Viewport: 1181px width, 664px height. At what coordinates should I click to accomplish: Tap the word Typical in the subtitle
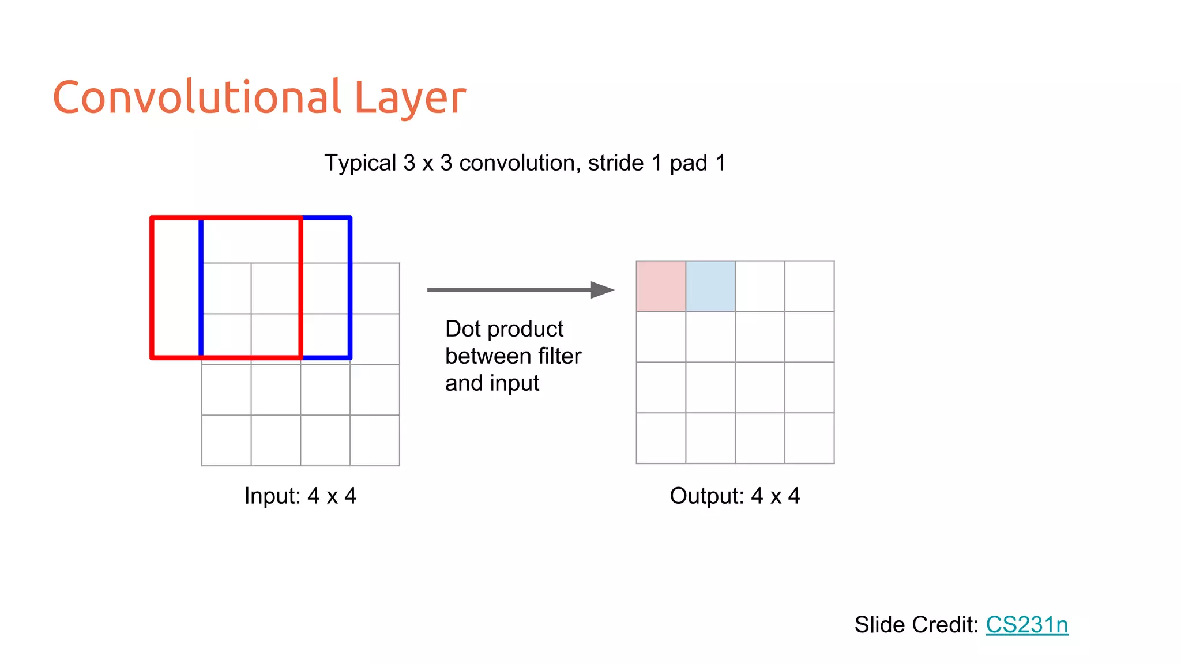click(x=360, y=163)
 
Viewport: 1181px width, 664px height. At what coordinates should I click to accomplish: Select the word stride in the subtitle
click(x=616, y=163)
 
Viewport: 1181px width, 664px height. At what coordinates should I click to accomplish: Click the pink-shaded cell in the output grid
click(x=661, y=286)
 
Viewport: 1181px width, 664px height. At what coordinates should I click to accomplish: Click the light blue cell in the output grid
click(x=710, y=286)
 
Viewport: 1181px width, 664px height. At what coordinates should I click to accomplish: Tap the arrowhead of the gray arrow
click(x=603, y=290)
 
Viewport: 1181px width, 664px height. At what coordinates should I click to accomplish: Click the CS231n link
click(x=1027, y=625)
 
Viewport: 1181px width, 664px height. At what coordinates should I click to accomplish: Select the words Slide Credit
click(x=916, y=625)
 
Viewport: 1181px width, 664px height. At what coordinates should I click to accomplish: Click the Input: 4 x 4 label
click(x=300, y=496)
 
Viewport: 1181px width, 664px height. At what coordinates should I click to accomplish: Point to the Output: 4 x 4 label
click(x=735, y=496)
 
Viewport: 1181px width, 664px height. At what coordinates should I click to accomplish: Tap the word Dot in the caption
click(x=463, y=329)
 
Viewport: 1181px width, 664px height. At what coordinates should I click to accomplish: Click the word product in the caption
click(x=525, y=330)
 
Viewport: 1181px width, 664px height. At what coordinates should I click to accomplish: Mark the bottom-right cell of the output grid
click(x=810, y=438)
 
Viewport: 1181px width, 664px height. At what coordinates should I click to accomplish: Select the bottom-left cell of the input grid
click(x=226, y=440)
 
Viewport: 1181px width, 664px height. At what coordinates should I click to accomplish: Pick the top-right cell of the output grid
click(x=810, y=286)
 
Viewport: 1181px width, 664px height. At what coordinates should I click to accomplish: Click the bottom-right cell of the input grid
click(x=375, y=440)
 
